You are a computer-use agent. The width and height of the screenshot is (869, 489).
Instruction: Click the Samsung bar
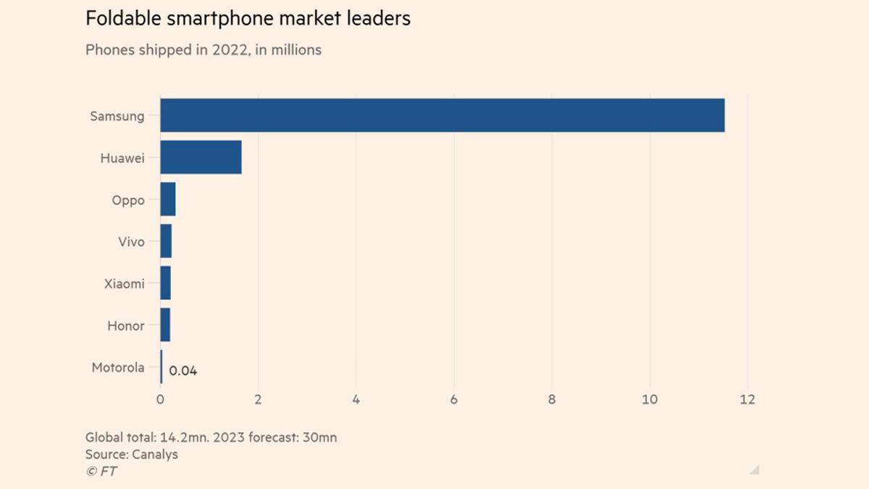click(442, 115)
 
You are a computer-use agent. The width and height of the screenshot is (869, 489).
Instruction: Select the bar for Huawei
click(201, 157)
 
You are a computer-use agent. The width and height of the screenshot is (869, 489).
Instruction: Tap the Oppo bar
click(168, 199)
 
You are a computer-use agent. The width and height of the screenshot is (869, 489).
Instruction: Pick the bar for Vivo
click(166, 241)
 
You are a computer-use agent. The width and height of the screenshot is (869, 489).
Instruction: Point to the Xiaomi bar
click(165, 283)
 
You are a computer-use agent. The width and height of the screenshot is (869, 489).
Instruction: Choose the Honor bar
click(165, 325)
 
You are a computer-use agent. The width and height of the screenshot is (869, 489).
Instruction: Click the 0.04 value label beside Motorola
click(183, 371)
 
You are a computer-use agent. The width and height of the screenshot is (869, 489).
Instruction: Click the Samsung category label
click(117, 116)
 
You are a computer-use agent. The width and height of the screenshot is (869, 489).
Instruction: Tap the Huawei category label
click(122, 157)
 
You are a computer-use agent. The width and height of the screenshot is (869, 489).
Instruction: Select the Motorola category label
click(118, 367)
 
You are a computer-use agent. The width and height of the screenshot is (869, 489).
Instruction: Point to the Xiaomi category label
click(125, 283)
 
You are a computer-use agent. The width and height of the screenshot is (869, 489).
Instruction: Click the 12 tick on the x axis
click(747, 399)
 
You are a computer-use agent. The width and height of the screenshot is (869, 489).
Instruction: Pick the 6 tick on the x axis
click(454, 399)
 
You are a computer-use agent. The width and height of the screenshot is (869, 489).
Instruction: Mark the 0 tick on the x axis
click(161, 399)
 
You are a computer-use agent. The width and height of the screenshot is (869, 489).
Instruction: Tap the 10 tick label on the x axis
click(650, 399)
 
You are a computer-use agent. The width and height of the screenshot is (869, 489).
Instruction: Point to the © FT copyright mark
click(101, 471)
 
